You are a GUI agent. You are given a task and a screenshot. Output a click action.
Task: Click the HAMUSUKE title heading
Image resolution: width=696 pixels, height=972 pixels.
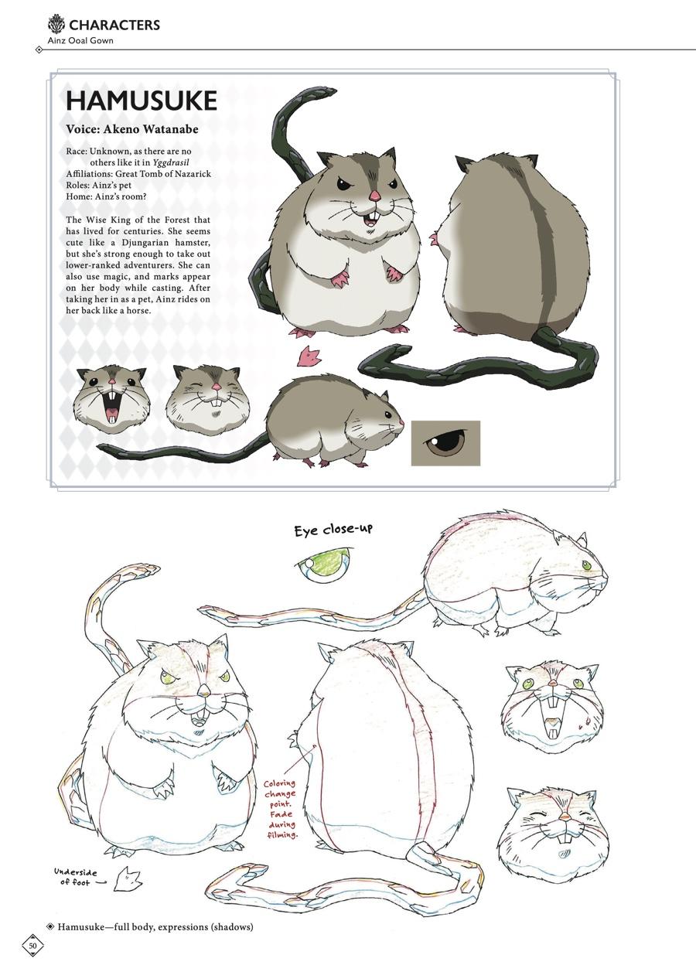pos(141,101)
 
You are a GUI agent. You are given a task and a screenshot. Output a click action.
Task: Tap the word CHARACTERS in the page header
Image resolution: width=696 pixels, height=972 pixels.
pos(114,26)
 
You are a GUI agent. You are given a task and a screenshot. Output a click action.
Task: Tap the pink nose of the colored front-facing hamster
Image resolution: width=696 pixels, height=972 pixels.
pos(375,196)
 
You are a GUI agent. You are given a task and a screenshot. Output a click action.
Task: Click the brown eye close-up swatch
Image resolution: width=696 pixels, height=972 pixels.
pos(445,443)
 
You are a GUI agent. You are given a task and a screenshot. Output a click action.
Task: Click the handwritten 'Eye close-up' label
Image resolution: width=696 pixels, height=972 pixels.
pos(333,530)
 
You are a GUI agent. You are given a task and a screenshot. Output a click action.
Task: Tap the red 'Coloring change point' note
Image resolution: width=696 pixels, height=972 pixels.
pos(281,810)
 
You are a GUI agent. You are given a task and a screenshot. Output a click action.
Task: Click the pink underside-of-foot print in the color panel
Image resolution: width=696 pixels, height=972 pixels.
pos(308,356)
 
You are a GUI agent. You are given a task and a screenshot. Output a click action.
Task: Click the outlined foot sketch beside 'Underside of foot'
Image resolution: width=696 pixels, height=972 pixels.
pos(128,879)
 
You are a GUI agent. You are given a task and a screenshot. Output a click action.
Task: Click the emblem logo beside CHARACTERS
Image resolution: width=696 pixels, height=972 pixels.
pos(56,24)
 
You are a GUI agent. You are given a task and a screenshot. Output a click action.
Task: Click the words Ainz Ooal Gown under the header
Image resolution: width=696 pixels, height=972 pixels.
pos(80,40)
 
